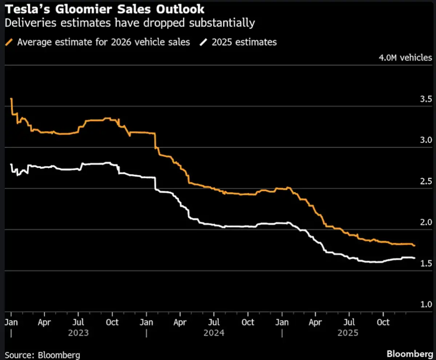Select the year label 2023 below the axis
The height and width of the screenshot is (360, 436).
(78, 333)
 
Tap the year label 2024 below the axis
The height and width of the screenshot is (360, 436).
(214, 333)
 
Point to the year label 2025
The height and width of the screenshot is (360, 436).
(348, 333)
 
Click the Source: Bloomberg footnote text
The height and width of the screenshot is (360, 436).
(42, 355)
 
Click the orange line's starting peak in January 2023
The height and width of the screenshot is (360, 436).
(12, 99)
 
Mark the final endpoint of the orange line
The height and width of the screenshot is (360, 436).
(415, 246)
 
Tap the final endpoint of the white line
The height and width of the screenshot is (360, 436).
(415, 258)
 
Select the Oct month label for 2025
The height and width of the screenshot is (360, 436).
(383, 322)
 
